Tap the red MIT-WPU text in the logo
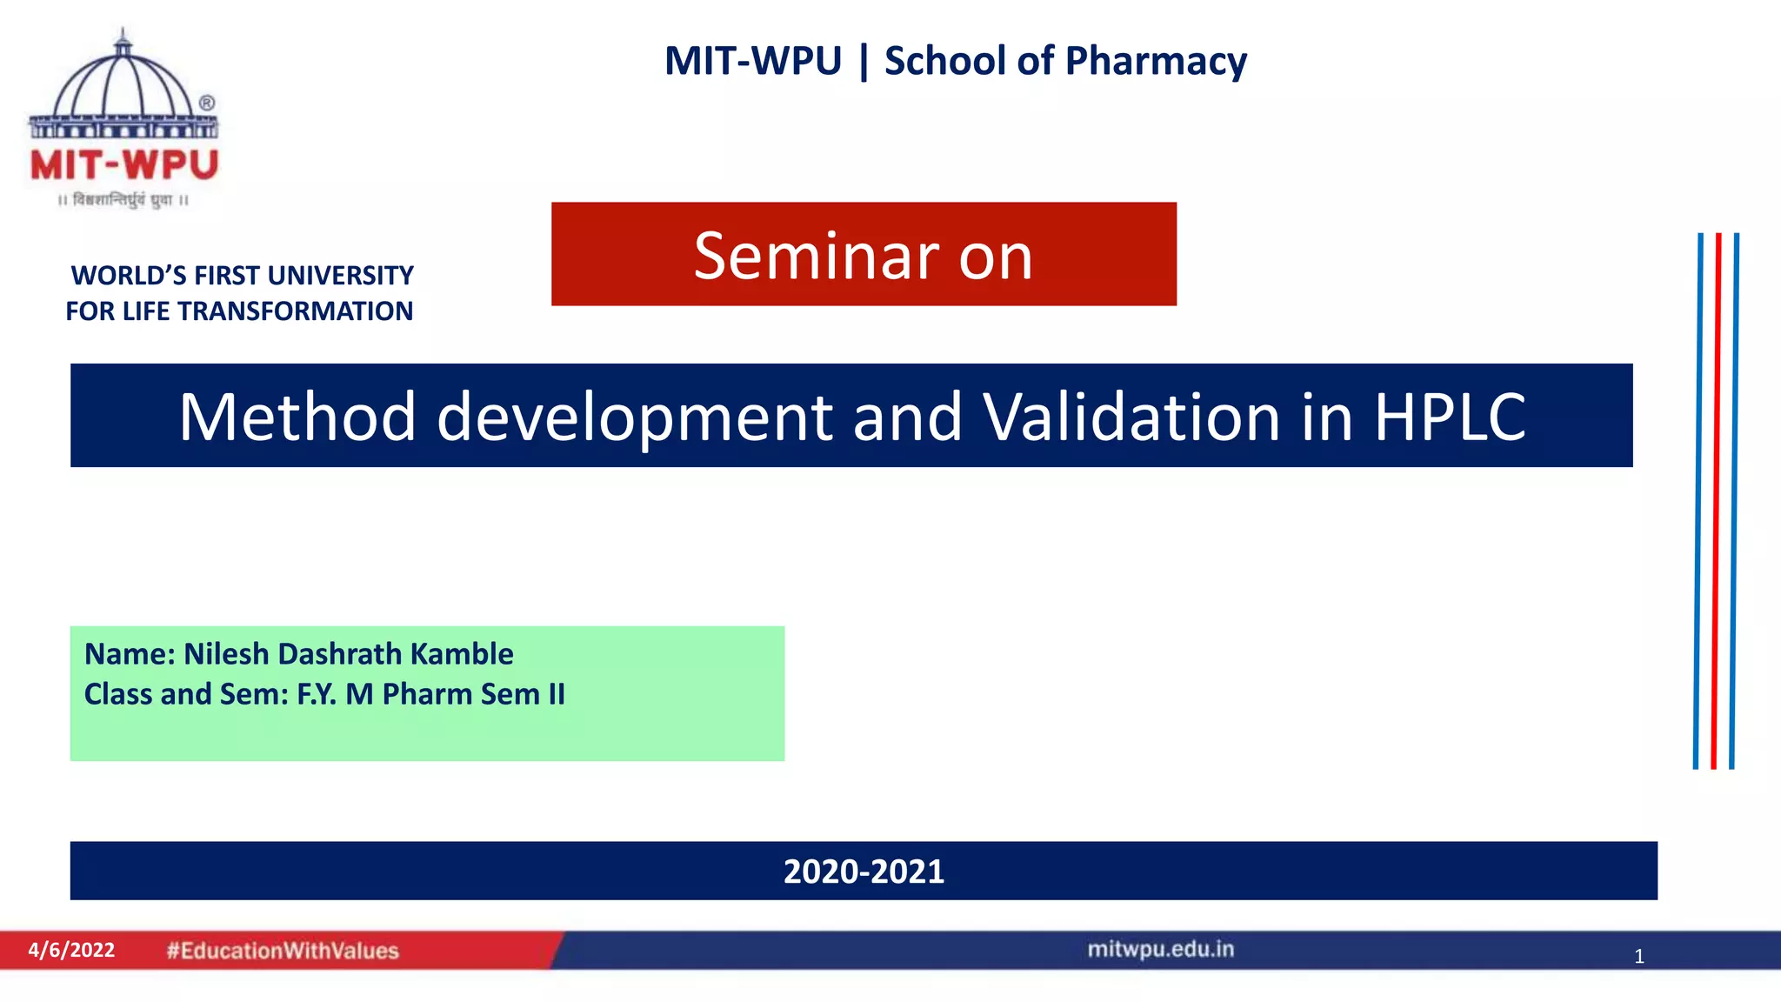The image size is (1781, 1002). pos(124,165)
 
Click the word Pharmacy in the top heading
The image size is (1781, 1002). pos(1156,62)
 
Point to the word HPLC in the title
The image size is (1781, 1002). pos(1450,417)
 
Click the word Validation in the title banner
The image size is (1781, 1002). pos(1133,417)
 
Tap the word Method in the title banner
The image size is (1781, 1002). pos(297,417)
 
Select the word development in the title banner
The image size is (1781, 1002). pos(635,418)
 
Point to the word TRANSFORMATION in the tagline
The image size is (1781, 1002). pos(295,311)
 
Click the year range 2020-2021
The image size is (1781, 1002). pos(864,872)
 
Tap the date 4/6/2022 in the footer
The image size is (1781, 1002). pos(71,950)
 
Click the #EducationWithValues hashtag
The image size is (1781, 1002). pos(283,951)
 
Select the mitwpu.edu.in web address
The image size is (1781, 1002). pos(1161,949)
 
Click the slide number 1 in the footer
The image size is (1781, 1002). pos(1639,957)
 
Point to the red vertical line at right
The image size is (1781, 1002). pos(1716,501)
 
